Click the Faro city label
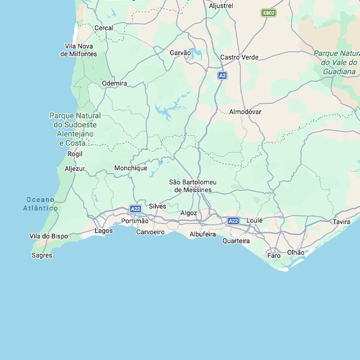(x=273, y=255)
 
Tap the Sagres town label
(x=42, y=255)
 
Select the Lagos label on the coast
(x=104, y=231)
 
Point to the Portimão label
(x=135, y=221)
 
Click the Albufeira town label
(x=203, y=234)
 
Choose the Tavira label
(x=341, y=221)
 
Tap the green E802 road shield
(x=268, y=12)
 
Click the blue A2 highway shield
(x=222, y=76)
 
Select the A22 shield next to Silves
(x=136, y=209)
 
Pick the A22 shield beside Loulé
(x=234, y=221)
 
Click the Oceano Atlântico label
(x=40, y=204)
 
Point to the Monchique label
(x=131, y=168)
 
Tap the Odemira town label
(x=114, y=83)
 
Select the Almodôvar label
(x=245, y=111)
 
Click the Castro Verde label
(x=239, y=57)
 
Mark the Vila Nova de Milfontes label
(x=79, y=50)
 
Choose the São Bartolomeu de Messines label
(x=193, y=186)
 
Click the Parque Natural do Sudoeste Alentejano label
(x=75, y=129)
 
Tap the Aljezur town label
(x=75, y=168)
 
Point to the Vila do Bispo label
(x=49, y=236)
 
